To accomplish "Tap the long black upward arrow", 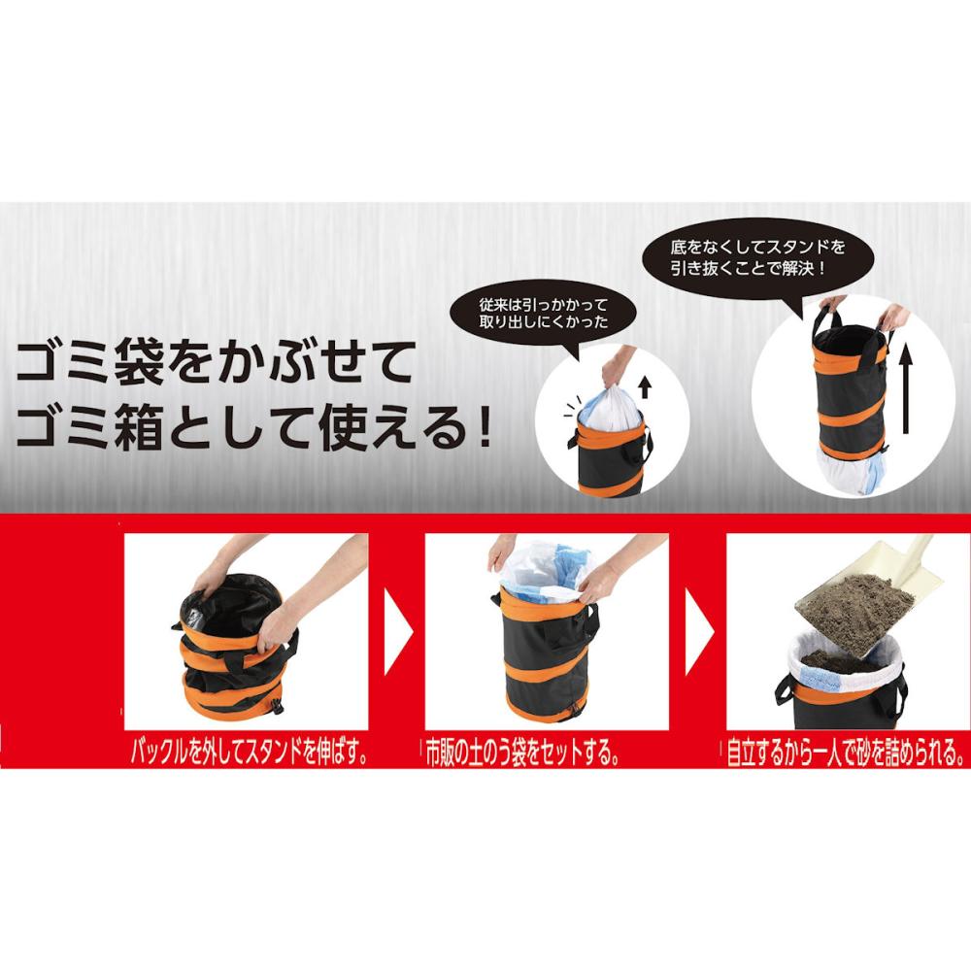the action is [x=906, y=389].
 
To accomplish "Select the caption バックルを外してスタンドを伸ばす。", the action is [x=251, y=753].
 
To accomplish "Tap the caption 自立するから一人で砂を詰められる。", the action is [x=846, y=753].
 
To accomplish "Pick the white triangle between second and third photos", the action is [x=699, y=632].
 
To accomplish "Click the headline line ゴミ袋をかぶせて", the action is [x=214, y=363].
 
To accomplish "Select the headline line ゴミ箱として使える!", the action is [x=253, y=427].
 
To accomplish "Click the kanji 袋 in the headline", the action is [x=139, y=364].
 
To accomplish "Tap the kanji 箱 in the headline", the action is [x=139, y=428].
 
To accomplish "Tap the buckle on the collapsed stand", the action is [x=277, y=706].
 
